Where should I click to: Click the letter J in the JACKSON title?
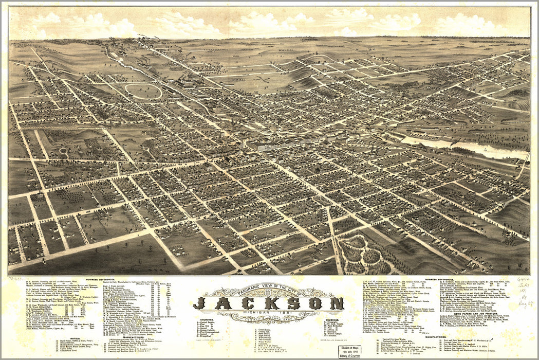[202, 303]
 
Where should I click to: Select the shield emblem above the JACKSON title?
[267, 293]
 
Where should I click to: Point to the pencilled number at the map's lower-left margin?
[15, 278]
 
